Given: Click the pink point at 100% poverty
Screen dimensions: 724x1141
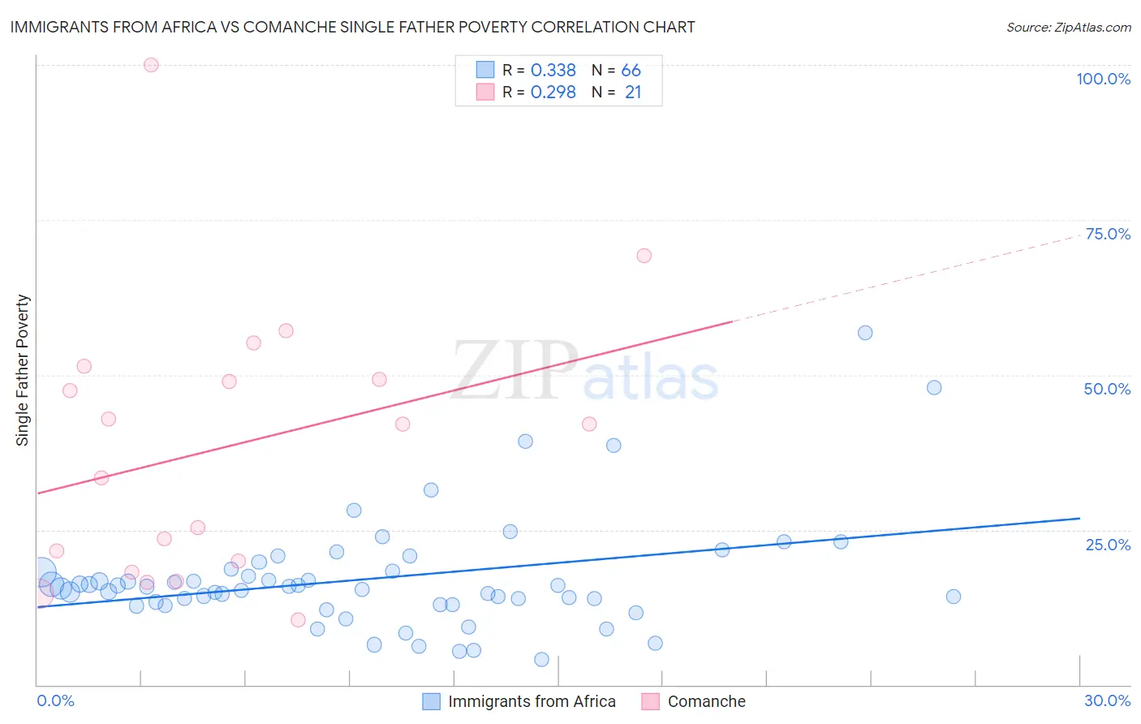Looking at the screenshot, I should [x=151, y=65].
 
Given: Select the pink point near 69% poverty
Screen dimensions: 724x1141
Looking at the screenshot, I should [x=644, y=256].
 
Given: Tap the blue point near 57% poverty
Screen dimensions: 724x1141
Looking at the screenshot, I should [x=865, y=333].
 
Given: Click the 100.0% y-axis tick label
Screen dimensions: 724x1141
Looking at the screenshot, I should [x=1103, y=79].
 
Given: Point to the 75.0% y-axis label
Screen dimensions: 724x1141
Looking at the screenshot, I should [x=1108, y=234].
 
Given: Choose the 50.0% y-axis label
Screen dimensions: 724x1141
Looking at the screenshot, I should [x=1107, y=389].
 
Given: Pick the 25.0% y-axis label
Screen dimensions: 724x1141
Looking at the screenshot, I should [x=1108, y=545].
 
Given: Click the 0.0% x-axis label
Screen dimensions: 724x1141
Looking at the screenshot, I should [x=55, y=700].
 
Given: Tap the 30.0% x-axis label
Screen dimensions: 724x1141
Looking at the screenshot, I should [x=1107, y=700].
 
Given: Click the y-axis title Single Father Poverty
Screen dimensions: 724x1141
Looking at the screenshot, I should [x=23, y=370].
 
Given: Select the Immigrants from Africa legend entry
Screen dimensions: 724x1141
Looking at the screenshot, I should [x=532, y=701].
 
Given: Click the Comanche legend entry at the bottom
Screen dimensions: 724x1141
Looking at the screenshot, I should [x=706, y=701].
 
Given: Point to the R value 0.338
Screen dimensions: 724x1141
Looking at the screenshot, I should [x=553, y=71].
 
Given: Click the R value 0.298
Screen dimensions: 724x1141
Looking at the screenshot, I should [x=553, y=93].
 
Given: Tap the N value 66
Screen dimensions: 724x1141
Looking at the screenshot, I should [x=631, y=71].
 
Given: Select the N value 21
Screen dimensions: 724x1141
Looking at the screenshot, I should [x=633, y=93].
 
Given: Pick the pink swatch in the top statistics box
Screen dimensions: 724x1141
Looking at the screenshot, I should [x=485, y=92].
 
